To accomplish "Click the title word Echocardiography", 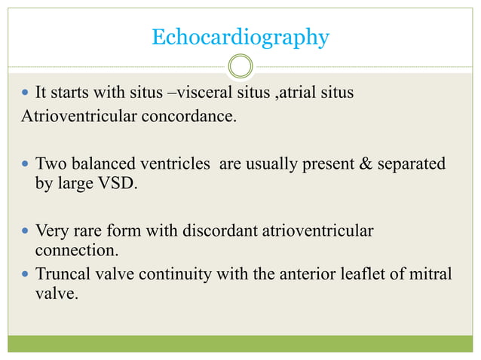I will point(240,37).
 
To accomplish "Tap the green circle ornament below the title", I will point(240,66).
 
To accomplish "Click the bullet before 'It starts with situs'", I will point(26,93).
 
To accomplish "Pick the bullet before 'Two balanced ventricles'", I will point(26,163).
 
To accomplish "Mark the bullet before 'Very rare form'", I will point(26,230).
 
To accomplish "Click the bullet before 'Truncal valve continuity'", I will point(26,273).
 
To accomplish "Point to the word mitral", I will point(433,273).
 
